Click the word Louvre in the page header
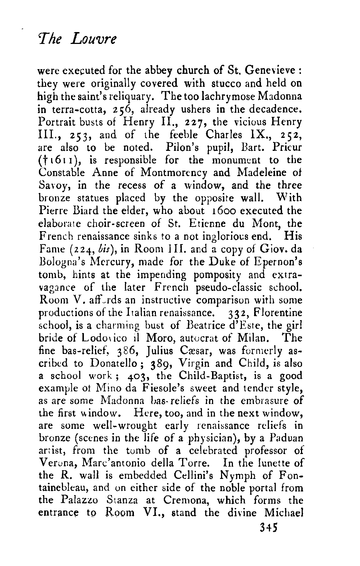94,38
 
